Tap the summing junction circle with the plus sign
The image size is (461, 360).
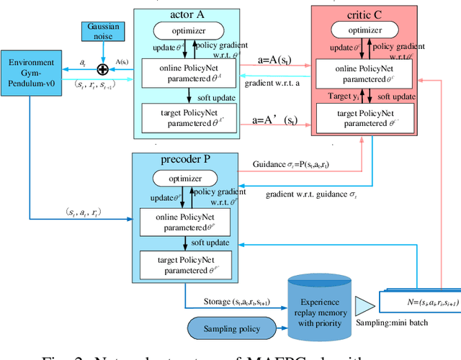[102, 69]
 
